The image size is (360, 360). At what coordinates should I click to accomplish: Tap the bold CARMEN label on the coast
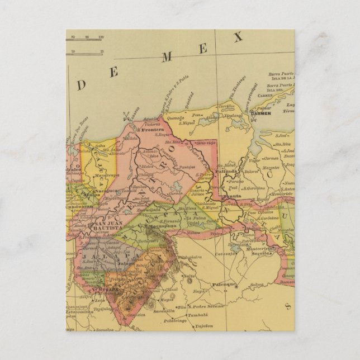pyautogui.click(x=261, y=113)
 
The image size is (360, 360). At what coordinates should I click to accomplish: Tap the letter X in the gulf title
pyautogui.click(x=239, y=38)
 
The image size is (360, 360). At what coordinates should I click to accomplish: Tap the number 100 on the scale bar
pyautogui.click(x=100, y=37)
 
